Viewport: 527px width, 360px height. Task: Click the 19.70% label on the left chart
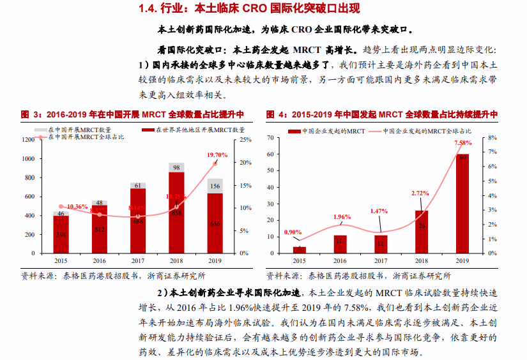(x=217, y=155)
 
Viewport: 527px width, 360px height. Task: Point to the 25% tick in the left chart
(x=245, y=140)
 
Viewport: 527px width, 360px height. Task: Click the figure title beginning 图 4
(x=381, y=114)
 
